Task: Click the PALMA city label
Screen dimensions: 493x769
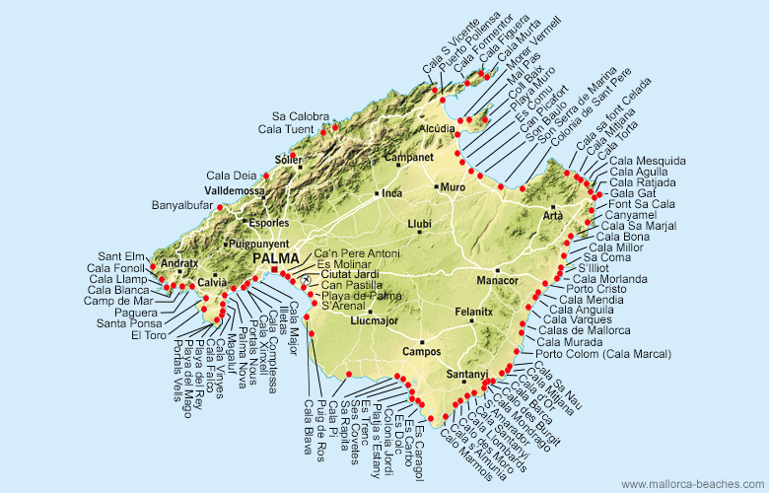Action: point(275,258)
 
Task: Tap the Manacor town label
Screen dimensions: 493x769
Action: point(497,281)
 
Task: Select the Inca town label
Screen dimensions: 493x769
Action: point(392,193)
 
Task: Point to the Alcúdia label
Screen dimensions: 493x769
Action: point(437,129)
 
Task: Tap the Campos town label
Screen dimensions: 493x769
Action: point(421,351)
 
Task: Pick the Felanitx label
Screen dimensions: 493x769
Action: point(473,312)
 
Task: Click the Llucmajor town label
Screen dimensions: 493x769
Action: point(372,319)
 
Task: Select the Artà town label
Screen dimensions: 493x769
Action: point(552,215)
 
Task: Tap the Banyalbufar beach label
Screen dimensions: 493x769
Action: point(183,206)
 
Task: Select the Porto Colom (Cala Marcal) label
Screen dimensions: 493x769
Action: point(603,354)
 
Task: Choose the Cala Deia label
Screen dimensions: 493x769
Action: point(232,176)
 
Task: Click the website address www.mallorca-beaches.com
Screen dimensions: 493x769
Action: point(691,484)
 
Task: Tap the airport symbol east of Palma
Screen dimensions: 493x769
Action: point(307,280)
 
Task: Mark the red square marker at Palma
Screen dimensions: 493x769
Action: point(274,269)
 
